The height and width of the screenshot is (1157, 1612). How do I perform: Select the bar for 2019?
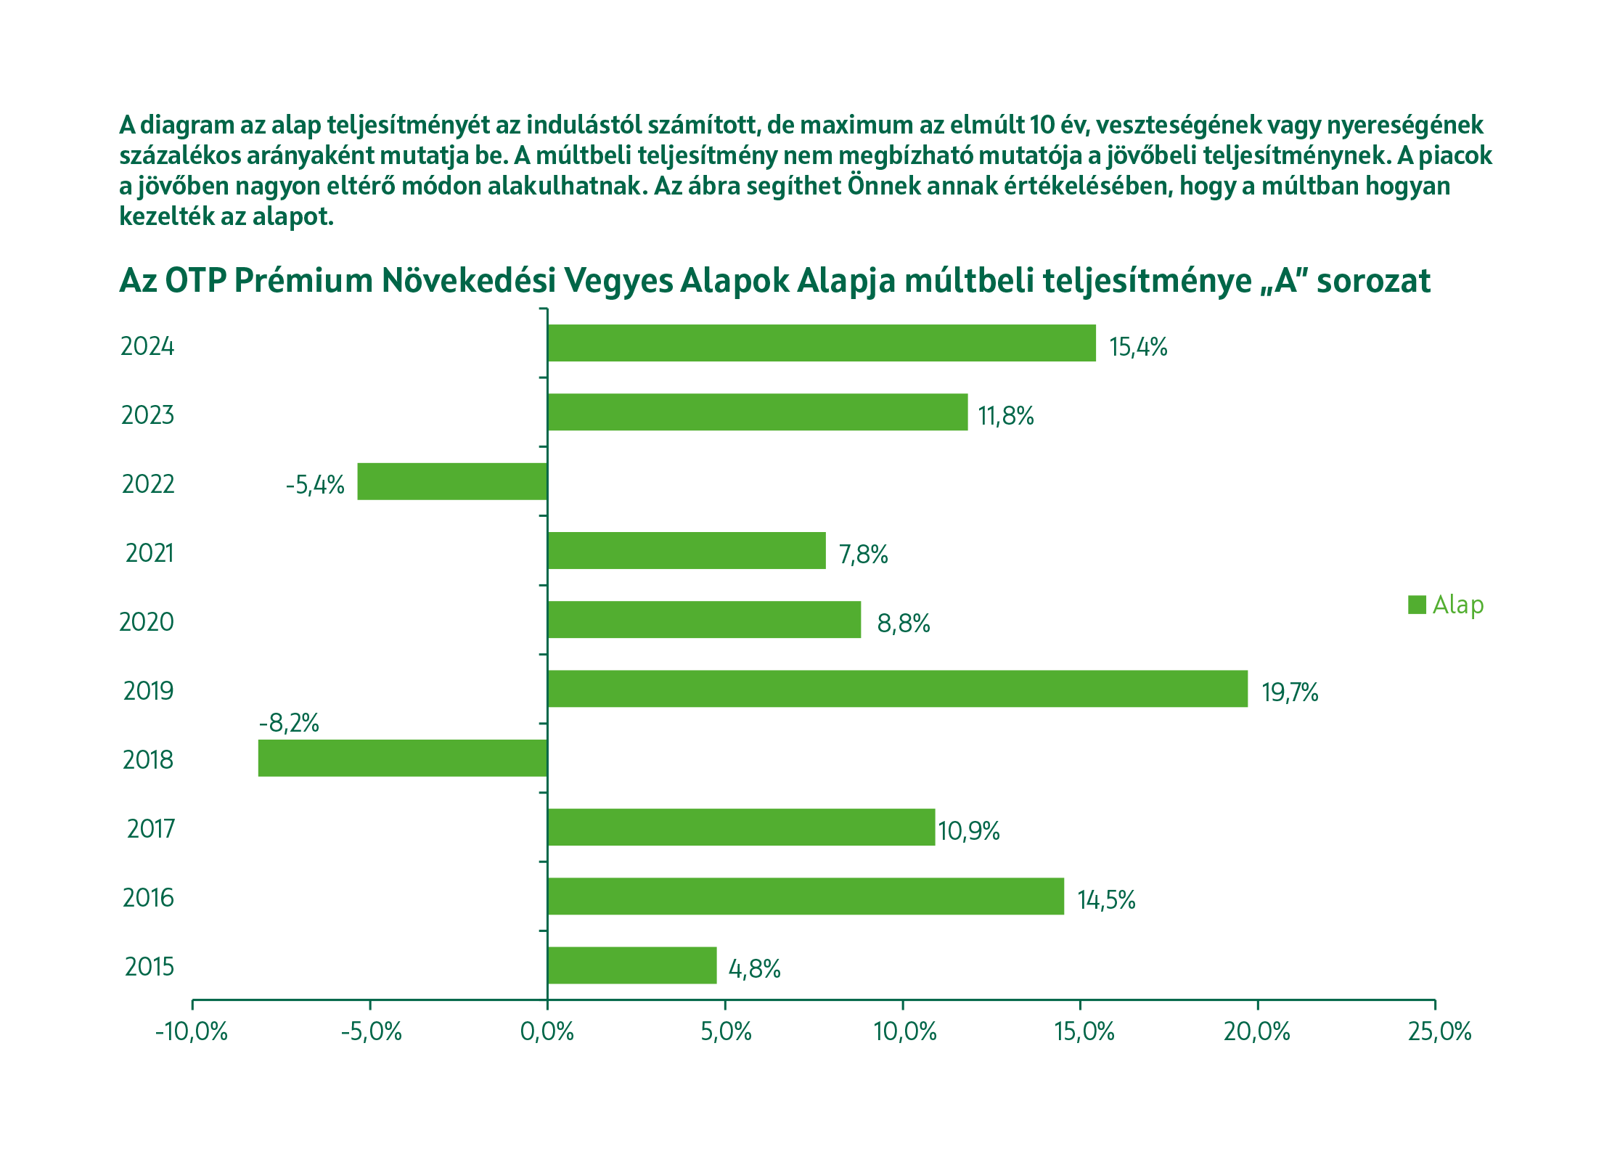[897, 689]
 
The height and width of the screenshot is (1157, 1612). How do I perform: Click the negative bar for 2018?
[403, 758]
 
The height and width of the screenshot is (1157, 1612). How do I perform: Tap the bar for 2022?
[452, 481]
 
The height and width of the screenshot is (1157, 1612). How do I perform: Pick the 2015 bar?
[631, 965]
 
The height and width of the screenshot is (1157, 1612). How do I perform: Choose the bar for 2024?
[822, 343]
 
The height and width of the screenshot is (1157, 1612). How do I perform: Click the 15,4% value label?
[1138, 347]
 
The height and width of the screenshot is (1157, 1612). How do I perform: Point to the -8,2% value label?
[289, 723]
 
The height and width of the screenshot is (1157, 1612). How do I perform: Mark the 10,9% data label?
[969, 830]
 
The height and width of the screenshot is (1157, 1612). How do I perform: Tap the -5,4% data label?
[315, 484]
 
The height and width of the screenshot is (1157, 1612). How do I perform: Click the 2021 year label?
[150, 553]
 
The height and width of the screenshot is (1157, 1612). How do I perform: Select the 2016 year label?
[149, 898]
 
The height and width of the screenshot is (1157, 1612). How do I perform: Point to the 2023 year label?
[148, 415]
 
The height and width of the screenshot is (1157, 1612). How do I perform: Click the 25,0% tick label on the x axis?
[1439, 1031]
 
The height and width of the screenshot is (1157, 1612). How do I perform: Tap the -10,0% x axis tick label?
[192, 1031]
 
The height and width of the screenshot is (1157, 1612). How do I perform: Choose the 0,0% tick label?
[547, 1031]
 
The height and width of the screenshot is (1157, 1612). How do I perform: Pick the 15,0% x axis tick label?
[1084, 1031]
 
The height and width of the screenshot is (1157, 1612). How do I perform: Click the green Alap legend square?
[1417, 605]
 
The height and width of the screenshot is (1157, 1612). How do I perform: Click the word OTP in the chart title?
[195, 281]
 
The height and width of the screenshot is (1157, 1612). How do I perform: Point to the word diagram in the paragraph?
[187, 126]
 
